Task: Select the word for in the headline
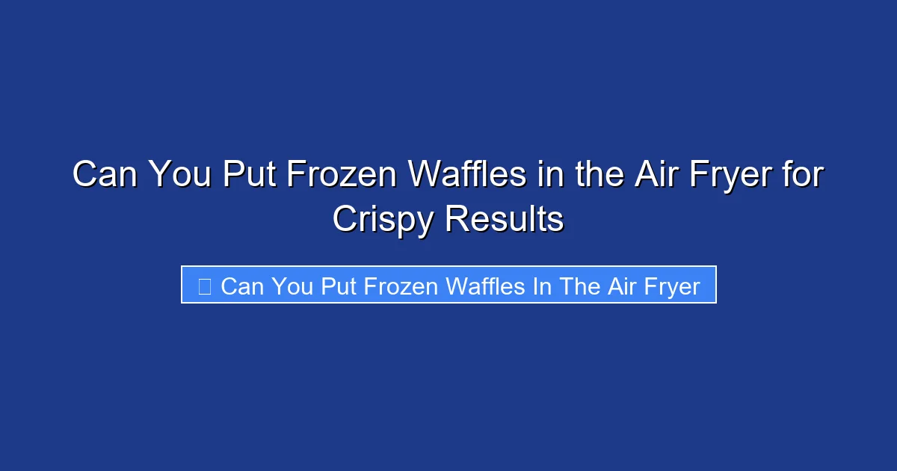click(x=801, y=176)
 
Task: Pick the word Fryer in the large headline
click(x=724, y=176)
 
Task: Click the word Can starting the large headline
click(x=104, y=176)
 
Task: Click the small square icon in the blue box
click(x=205, y=286)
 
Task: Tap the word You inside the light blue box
click(x=292, y=286)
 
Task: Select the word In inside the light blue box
click(x=541, y=286)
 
